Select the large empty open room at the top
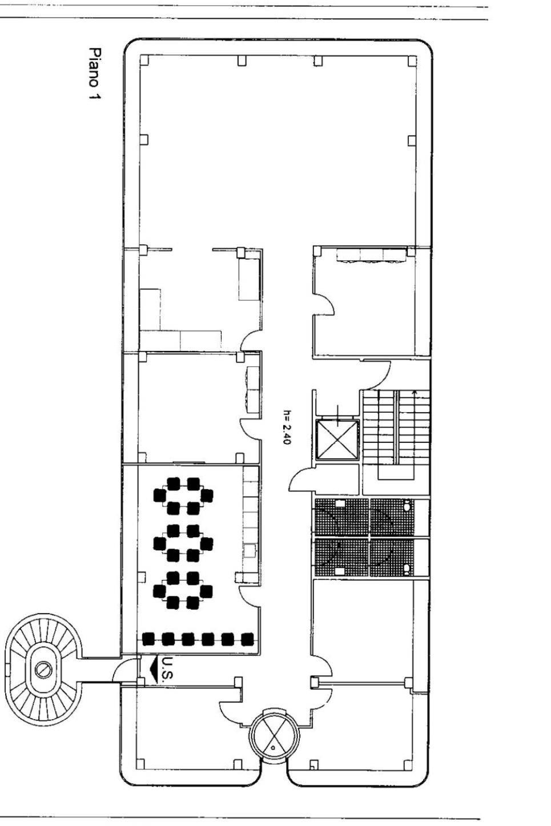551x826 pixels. point(279,151)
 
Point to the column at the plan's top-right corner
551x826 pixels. point(413,61)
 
